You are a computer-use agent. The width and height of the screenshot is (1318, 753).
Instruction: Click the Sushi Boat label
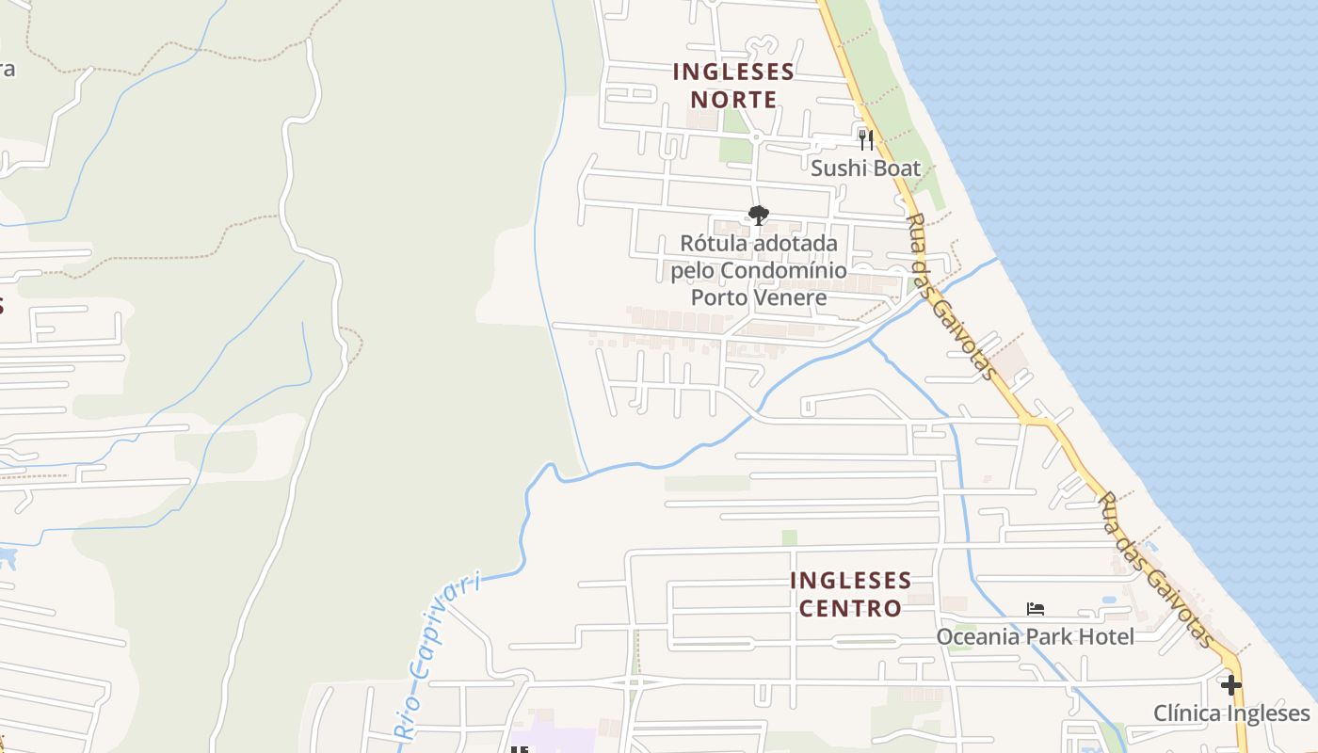coord(865,168)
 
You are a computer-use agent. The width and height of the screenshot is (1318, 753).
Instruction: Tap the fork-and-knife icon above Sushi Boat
coord(866,140)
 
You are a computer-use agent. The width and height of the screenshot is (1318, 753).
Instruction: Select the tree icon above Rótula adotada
coord(758,216)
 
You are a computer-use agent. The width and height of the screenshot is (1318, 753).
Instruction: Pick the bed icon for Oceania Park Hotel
coord(1036,609)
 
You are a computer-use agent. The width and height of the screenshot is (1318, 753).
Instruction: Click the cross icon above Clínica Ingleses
coord(1230,684)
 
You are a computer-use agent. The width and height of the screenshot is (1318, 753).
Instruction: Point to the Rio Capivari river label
coord(439,656)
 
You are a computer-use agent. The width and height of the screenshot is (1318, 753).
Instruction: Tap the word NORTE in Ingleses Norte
coord(734,100)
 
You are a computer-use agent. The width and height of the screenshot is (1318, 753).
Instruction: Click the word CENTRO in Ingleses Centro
coord(851,608)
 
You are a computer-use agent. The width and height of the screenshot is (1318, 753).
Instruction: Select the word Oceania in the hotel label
coord(977,637)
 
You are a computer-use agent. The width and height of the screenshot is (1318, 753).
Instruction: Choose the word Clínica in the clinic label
coord(1189,713)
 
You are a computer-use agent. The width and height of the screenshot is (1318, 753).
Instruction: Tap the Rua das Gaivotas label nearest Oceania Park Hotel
coord(1157,569)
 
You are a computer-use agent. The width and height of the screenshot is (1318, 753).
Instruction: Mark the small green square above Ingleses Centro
coord(789,537)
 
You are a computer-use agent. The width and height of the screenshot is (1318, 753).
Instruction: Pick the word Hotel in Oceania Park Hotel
coord(1106,637)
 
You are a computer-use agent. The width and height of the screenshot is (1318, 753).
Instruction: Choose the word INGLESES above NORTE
coord(734,72)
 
